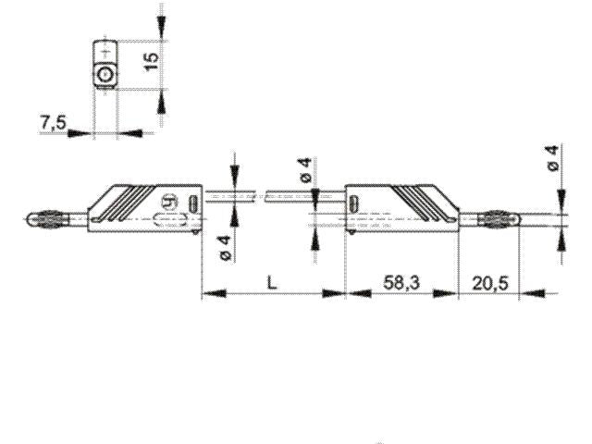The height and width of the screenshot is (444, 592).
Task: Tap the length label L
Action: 272,283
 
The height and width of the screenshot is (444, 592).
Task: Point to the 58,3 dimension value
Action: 402,283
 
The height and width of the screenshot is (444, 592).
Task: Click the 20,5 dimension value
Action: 487,283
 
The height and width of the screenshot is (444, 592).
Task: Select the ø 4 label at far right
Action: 552,157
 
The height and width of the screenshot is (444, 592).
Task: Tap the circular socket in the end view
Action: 105,74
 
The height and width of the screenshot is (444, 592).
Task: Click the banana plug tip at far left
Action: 42,220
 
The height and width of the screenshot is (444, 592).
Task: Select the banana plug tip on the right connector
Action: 497,220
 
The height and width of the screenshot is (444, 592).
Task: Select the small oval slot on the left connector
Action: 193,202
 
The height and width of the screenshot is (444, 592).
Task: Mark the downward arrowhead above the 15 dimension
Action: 164,33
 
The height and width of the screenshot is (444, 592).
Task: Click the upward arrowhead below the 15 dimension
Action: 164,97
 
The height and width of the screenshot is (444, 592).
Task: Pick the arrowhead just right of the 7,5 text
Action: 81,133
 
